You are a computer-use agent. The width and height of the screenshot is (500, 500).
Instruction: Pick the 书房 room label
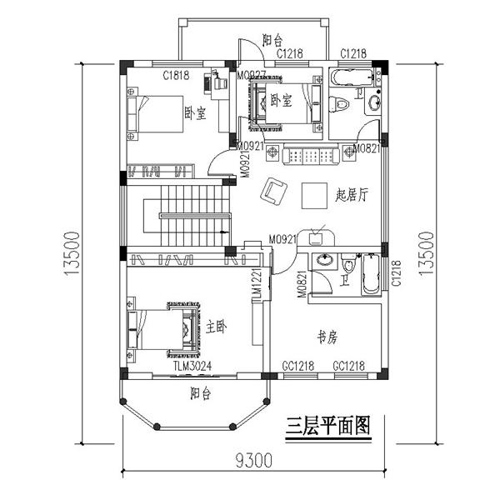click(327, 337)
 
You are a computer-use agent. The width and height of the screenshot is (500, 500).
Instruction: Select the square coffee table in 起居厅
click(315, 193)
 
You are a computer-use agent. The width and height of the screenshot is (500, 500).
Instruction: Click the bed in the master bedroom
click(163, 329)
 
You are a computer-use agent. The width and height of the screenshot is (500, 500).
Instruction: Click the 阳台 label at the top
click(272, 40)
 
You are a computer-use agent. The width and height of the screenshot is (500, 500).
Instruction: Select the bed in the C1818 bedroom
click(157, 115)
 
